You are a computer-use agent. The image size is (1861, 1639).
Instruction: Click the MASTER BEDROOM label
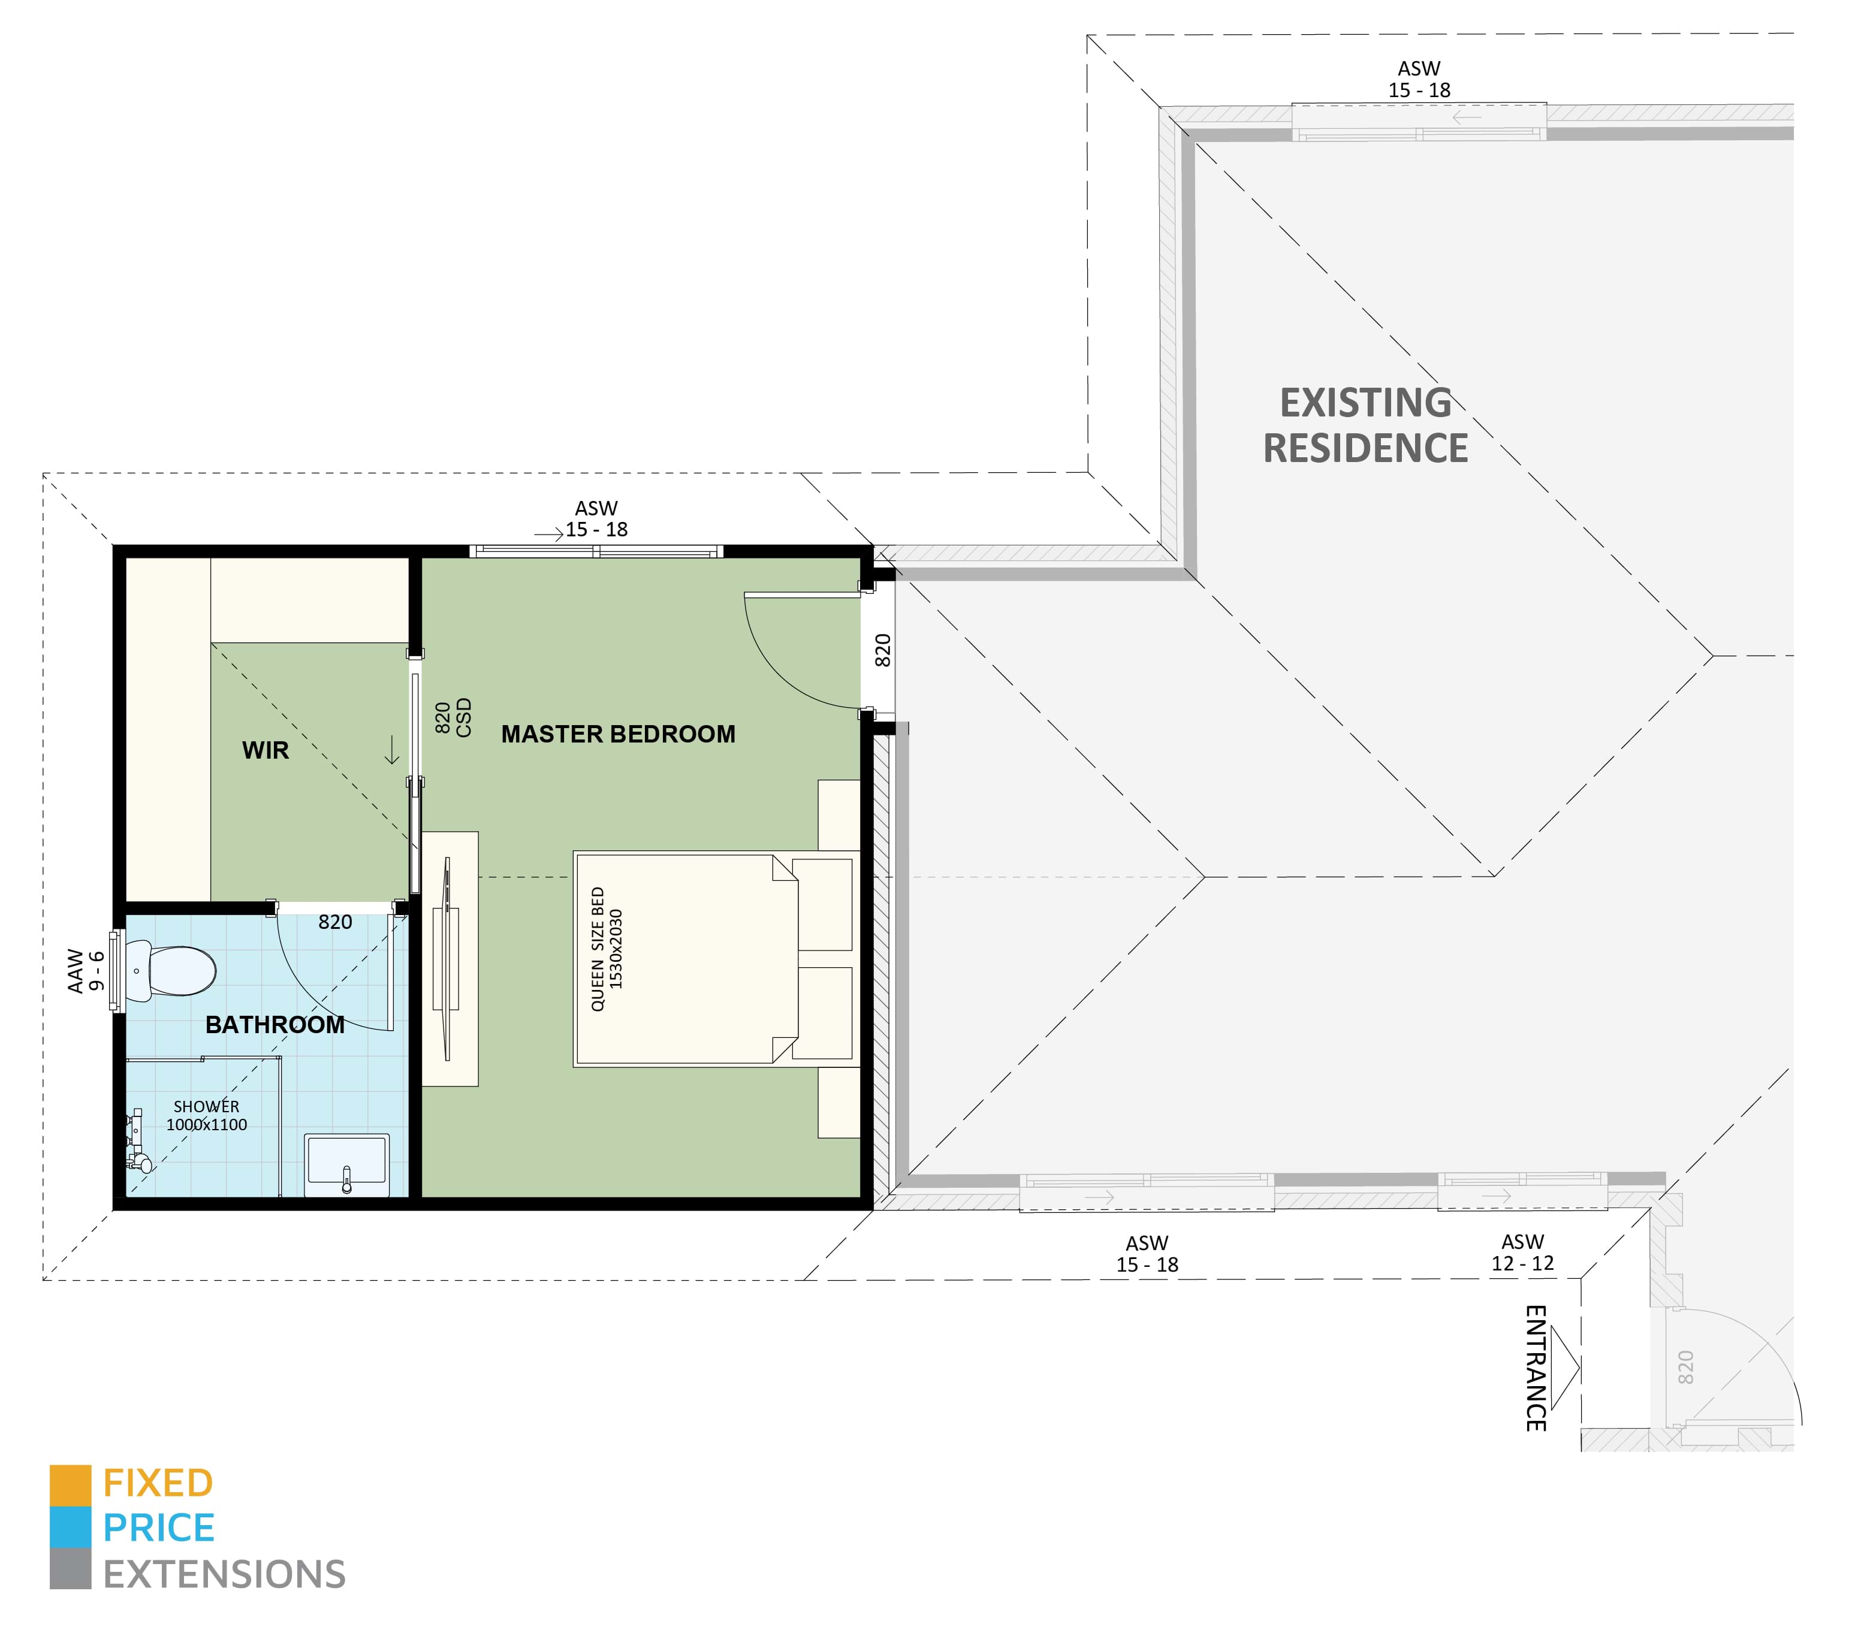point(618,734)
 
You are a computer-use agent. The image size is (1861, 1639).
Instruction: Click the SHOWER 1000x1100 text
point(207,1115)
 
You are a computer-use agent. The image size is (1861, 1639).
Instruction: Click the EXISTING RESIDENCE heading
point(1366,425)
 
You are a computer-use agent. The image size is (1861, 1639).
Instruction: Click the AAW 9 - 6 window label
point(86,971)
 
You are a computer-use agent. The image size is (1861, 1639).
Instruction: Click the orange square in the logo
point(70,1484)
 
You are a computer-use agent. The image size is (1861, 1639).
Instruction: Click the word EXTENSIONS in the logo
point(224,1574)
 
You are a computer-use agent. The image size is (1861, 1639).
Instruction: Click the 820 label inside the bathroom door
point(335,922)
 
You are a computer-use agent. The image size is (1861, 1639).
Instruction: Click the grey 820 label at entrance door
point(1685,1368)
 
